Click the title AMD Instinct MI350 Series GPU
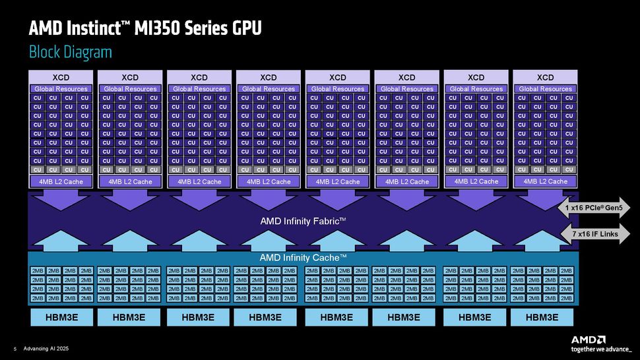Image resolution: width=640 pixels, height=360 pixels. coord(145,28)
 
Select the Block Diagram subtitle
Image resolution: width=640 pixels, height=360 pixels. coord(70,52)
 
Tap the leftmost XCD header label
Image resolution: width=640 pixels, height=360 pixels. coord(61,77)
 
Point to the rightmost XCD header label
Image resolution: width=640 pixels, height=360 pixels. coord(545,77)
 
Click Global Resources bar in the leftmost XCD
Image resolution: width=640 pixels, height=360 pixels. coord(61,89)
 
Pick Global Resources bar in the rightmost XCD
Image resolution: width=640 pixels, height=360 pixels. coord(545,89)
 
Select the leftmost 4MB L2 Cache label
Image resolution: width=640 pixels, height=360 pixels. coord(61,181)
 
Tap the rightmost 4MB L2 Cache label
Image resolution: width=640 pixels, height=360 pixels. coord(545,181)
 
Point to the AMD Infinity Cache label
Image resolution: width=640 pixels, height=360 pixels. coord(303,257)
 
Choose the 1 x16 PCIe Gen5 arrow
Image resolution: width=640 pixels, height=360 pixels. coord(594,208)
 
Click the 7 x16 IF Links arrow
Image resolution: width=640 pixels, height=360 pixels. coord(594,233)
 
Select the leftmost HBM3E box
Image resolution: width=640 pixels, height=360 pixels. coord(61,317)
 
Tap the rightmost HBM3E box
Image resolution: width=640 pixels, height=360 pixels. coord(542,317)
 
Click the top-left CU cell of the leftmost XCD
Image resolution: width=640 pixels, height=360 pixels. coord(38,98)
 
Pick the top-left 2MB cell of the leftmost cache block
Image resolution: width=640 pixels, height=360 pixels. coord(38,271)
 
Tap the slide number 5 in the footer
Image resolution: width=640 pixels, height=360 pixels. coord(14,349)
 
